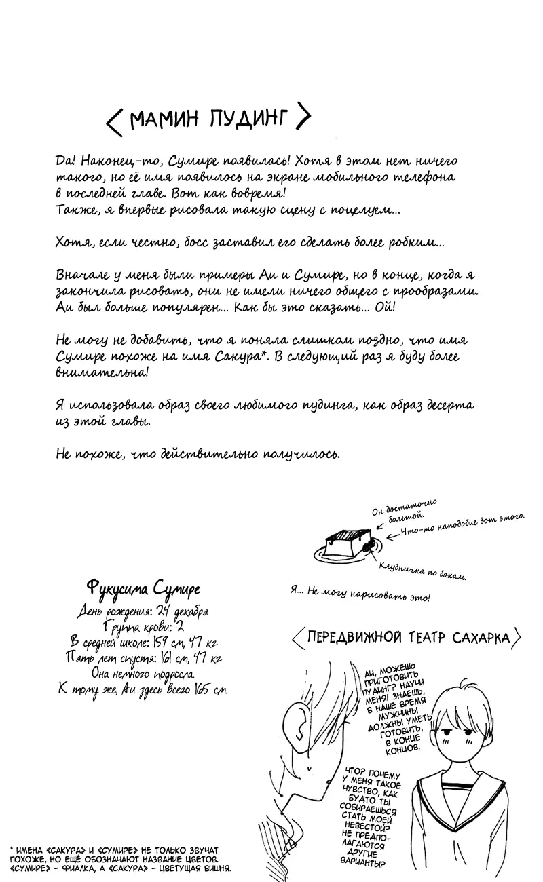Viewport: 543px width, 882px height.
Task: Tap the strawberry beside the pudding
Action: point(371,544)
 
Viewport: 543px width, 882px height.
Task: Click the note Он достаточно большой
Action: point(403,510)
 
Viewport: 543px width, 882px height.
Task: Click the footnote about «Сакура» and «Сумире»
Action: point(120,858)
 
